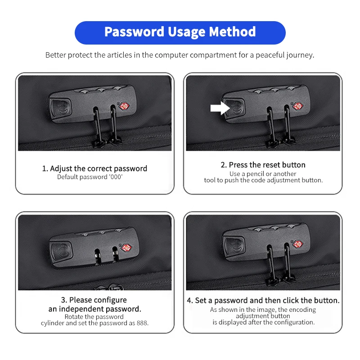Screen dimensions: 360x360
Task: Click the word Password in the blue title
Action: (x=134, y=32)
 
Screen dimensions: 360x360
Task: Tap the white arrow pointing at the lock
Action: (x=220, y=108)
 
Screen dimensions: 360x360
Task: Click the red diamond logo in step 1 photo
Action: (x=125, y=106)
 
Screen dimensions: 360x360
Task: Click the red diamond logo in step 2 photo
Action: (x=298, y=106)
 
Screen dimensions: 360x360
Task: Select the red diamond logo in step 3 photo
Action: (x=126, y=248)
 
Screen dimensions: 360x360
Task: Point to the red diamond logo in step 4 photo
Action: (x=298, y=244)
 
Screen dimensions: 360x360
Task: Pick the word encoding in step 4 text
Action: (x=302, y=310)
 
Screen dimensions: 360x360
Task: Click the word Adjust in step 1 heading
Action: (x=61, y=169)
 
